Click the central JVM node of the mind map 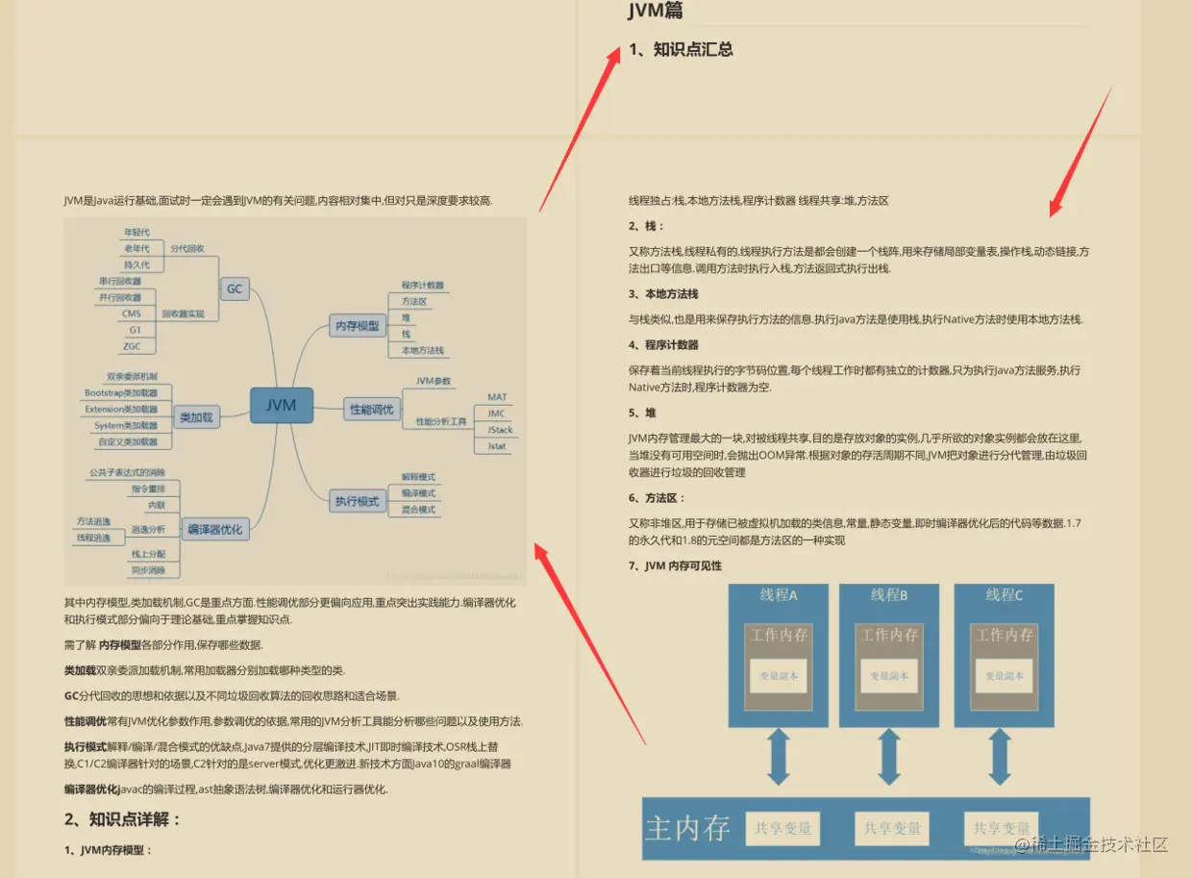(x=281, y=405)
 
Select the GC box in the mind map (x=235, y=288)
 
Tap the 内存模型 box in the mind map (x=357, y=325)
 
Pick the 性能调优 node (x=371, y=410)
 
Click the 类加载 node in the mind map (x=197, y=417)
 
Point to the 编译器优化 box (x=216, y=528)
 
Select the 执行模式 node (x=357, y=501)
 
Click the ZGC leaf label (x=132, y=346)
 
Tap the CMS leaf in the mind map (x=132, y=314)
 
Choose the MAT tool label (x=497, y=397)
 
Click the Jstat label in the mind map (x=497, y=446)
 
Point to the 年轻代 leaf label (x=137, y=233)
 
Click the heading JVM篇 (x=656, y=12)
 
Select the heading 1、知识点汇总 (x=681, y=49)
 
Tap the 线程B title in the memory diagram (x=888, y=595)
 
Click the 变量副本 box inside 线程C (x=1004, y=675)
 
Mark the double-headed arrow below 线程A (x=778, y=757)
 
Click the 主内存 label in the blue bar (x=687, y=828)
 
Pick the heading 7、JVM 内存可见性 (x=675, y=565)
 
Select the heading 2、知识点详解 (x=123, y=819)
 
